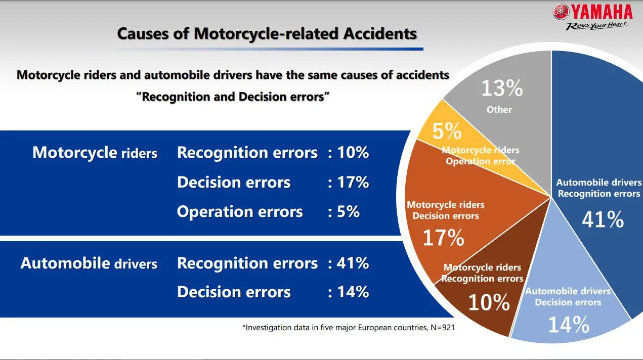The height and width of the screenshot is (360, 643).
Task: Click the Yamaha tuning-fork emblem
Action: (561, 12)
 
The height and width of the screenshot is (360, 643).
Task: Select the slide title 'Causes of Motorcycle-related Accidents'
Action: (267, 34)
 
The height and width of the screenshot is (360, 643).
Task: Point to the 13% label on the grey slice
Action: (501, 89)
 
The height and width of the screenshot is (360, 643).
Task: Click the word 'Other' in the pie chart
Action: (499, 110)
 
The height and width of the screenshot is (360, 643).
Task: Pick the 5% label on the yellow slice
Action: (447, 132)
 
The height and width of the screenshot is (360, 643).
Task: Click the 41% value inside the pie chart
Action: (603, 219)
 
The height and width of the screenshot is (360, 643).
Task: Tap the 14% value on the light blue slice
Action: (568, 325)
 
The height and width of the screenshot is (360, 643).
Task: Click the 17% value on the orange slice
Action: (443, 238)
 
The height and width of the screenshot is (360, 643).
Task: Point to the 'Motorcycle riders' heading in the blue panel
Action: (95, 153)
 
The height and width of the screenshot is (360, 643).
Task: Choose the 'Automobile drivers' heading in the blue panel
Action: (89, 263)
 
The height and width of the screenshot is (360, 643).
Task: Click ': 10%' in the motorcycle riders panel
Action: (349, 153)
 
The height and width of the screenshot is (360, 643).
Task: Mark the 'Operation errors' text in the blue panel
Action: (240, 212)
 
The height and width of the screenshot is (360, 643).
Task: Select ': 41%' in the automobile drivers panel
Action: (349, 263)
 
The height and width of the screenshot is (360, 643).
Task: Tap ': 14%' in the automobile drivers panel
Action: (349, 292)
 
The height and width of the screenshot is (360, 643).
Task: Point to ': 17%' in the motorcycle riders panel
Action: (349, 183)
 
